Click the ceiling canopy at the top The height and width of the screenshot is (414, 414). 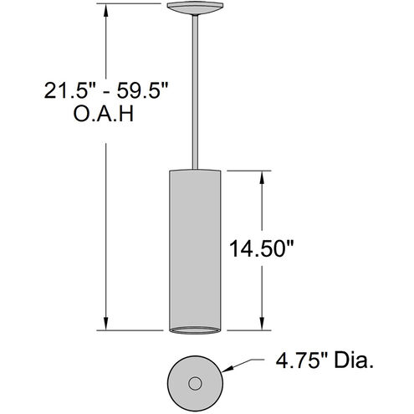coord(196,9)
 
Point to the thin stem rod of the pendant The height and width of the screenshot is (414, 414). coord(196,92)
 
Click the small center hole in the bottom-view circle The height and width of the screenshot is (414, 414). coord(196,384)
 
